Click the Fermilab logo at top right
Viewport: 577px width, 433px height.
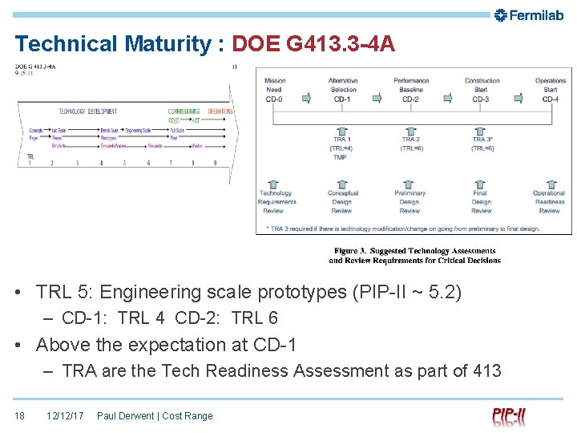tap(529, 14)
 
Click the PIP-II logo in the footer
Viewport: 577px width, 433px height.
tap(509, 416)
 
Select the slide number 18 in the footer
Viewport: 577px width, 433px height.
tap(20, 416)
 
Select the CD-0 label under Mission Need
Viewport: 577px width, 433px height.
tap(273, 99)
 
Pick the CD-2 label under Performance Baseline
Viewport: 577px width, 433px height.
tap(410, 99)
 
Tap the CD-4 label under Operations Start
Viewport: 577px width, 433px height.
tap(550, 99)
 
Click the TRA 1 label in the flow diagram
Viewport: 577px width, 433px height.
tap(341, 140)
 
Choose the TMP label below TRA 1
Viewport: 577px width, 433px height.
tap(341, 157)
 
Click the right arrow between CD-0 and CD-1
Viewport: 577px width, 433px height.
tap(306, 99)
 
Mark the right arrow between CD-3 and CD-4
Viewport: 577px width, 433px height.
tap(517, 99)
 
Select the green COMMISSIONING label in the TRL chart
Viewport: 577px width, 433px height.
tap(184, 111)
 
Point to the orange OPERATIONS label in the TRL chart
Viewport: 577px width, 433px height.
tap(221, 111)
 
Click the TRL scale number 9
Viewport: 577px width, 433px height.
tap(215, 163)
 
